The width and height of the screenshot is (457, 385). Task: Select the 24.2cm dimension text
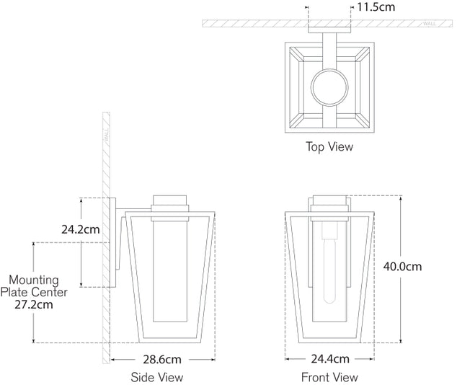tap(81, 230)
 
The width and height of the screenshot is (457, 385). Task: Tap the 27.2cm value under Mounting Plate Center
tap(34, 304)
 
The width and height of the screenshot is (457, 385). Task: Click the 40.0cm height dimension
tap(401, 266)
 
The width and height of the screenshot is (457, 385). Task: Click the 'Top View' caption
tap(329, 146)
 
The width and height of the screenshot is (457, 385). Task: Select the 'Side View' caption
tap(156, 377)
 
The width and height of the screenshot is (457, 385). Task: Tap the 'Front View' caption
tap(329, 377)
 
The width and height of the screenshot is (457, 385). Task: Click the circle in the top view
tap(329, 90)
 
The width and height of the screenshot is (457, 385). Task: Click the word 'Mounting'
tap(33, 280)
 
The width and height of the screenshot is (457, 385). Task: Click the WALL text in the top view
tap(430, 24)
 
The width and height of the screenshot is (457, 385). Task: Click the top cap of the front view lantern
tap(329, 201)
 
